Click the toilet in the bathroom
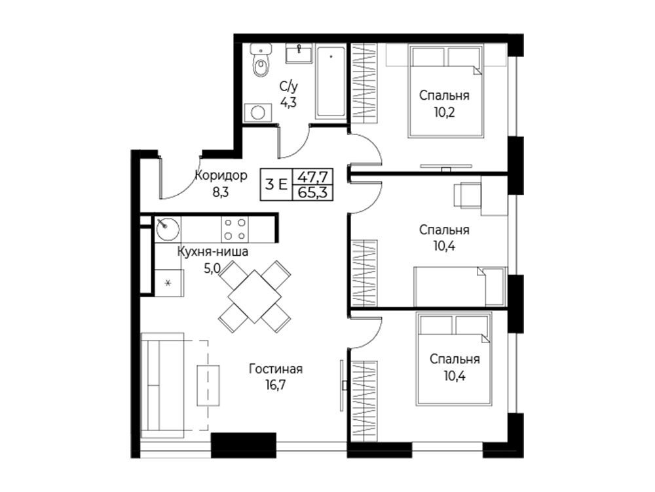[x=261, y=60]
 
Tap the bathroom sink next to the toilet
[x=299, y=54]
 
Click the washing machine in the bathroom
[x=257, y=113]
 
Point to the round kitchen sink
[x=168, y=228]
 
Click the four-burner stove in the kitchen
[x=234, y=229]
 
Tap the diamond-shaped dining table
[x=254, y=297]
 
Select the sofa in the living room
[x=162, y=385]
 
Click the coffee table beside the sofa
[x=208, y=385]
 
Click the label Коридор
[x=221, y=175]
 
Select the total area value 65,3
[x=312, y=193]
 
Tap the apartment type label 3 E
[x=276, y=184]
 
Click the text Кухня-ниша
[x=213, y=251]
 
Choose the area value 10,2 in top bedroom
[x=443, y=112]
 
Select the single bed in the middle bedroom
[x=460, y=287]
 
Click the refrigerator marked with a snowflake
[x=169, y=283]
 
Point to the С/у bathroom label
[x=289, y=87]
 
